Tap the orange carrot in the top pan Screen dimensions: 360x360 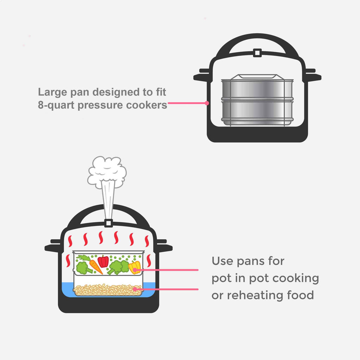(x=96, y=267)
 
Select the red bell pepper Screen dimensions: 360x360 (x=103, y=261)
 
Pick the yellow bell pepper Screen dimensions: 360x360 (x=134, y=268)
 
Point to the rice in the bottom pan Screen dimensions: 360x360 (x=108, y=290)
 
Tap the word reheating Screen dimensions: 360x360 (x=255, y=295)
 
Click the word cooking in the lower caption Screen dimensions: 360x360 (x=296, y=278)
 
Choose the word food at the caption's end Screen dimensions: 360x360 (x=300, y=295)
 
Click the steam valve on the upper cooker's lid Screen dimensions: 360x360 (x=257, y=53)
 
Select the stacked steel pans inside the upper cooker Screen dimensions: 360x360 (x=257, y=100)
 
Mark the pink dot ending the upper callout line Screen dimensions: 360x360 (x=207, y=103)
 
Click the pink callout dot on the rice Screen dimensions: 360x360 (x=135, y=289)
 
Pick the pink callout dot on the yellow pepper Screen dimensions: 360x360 (x=135, y=270)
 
